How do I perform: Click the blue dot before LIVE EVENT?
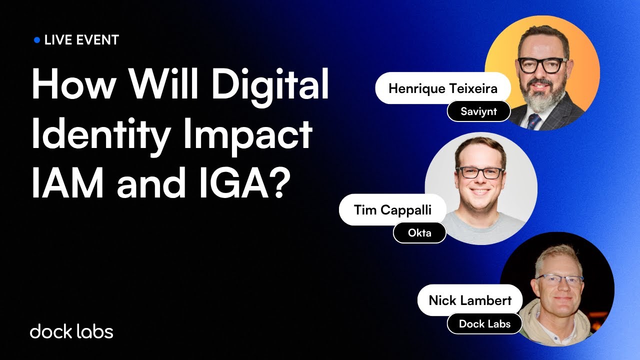(x=36, y=40)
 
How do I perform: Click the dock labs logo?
(x=71, y=331)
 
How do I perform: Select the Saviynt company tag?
(x=478, y=111)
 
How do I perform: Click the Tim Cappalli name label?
(x=392, y=210)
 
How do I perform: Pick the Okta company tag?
(x=419, y=232)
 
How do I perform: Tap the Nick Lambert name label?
(x=470, y=300)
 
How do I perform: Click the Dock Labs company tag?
(x=484, y=323)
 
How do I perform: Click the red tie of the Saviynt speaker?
(x=534, y=120)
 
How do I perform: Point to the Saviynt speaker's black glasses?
(x=542, y=65)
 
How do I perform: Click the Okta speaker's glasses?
(x=480, y=173)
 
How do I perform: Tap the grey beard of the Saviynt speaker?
(x=542, y=100)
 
